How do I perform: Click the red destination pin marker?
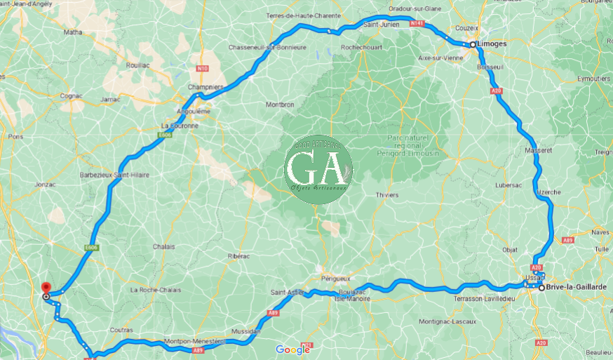[x=46, y=288]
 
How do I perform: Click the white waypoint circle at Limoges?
[x=473, y=44]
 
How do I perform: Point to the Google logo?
[x=292, y=349]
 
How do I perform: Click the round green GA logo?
[x=318, y=170]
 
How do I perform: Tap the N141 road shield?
[x=418, y=23]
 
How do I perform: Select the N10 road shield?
[x=203, y=68]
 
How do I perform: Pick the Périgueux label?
[x=335, y=278]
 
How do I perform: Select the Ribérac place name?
[x=238, y=256]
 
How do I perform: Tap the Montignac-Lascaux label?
[x=447, y=321]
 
